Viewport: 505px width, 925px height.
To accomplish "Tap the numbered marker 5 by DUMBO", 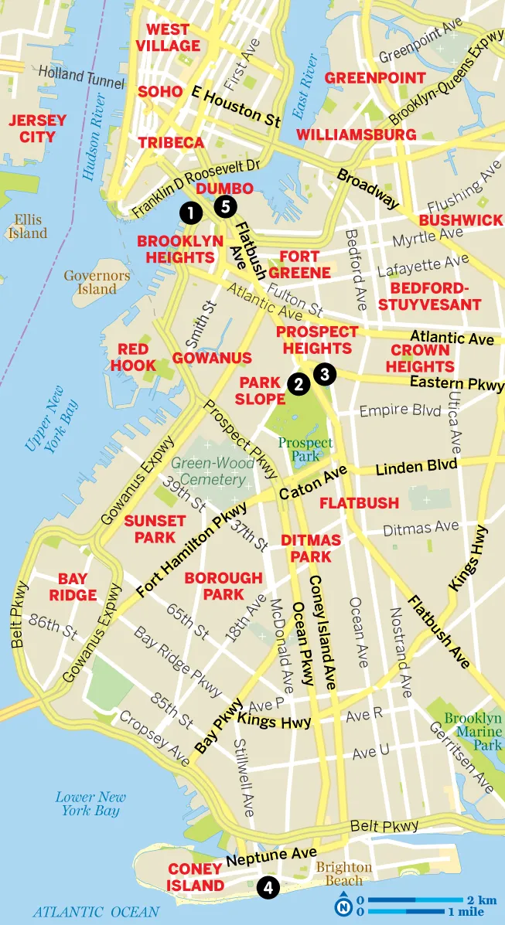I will (225, 206).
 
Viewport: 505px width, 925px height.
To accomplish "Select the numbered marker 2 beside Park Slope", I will (296, 383).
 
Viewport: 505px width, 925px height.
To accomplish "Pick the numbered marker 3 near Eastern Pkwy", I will (324, 374).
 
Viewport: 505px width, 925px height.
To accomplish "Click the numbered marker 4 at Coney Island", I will (268, 888).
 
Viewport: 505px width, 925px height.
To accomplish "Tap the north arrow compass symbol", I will (343, 905).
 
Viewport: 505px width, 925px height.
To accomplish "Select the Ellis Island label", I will (29, 226).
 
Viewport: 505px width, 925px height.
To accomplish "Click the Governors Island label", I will (90, 282).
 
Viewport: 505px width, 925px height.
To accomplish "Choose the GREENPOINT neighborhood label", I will (375, 78).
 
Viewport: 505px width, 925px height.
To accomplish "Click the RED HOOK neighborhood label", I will (133, 358).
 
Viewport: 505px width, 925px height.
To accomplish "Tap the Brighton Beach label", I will (343, 874).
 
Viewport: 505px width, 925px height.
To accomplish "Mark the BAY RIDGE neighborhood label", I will (73, 587).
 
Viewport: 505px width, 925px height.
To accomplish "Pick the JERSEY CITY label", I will (36, 129).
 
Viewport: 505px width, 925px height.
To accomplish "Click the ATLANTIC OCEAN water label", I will (95, 912).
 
